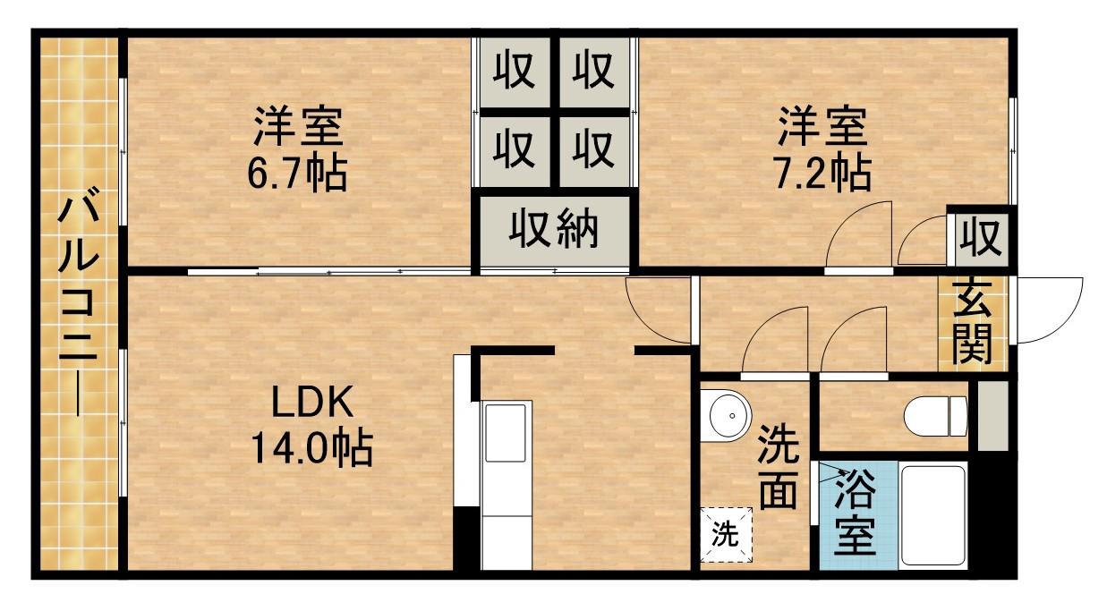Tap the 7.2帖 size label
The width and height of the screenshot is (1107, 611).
[822, 173]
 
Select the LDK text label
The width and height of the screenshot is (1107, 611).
[313, 404]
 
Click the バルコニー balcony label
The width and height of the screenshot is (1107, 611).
[76, 304]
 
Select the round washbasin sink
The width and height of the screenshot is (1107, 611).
[727, 416]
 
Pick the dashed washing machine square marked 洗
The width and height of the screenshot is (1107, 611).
[726, 534]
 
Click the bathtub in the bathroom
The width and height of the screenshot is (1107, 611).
[932, 514]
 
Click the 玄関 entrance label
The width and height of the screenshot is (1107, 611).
[972, 319]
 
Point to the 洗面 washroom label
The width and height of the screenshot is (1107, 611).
[777, 468]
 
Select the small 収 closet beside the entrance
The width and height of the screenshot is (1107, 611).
[980, 238]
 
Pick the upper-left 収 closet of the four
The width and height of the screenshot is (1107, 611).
[515, 69]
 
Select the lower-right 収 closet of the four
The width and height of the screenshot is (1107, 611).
[592, 148]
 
